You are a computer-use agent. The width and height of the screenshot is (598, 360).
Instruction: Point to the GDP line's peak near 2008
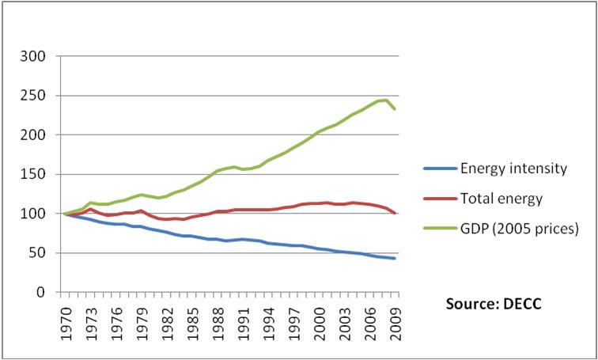coord(385,100)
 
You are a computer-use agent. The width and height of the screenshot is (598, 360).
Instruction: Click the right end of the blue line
coord(394,259)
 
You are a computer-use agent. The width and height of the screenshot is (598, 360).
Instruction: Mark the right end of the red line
coord(394,213)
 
